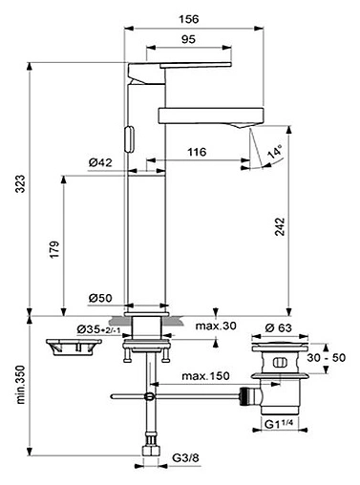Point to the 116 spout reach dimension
[x=200, y=151]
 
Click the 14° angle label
[x=275, y=153]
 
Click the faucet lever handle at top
[x=181, y=66]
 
